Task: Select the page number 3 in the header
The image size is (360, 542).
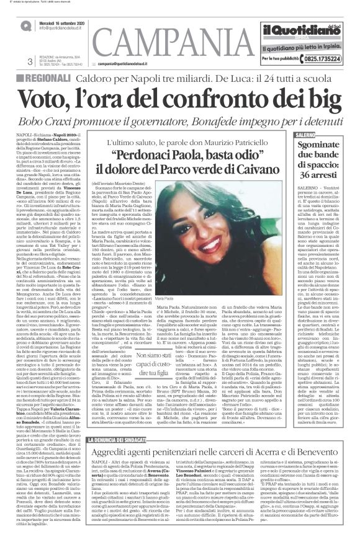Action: (30, 61)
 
